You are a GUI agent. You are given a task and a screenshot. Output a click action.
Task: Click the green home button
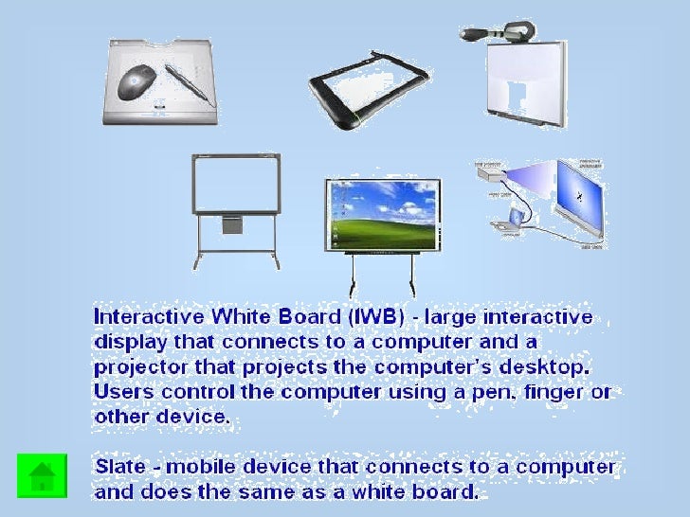(x=42, y=476)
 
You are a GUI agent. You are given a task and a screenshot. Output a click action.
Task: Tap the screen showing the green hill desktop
(x=382, y=215)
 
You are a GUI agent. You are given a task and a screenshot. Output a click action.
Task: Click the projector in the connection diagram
(x=490, y=174)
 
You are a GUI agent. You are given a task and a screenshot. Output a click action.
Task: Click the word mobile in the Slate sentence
(x=196, y=467)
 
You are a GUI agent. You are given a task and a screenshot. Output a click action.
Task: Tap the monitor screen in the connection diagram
(x=577, y=198)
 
